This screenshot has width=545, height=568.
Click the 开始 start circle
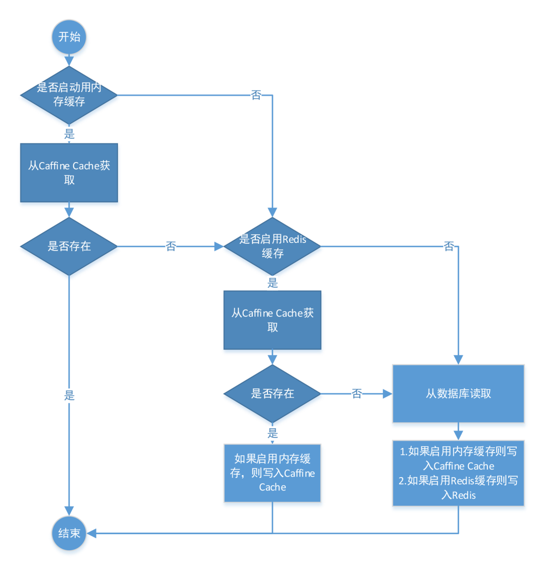pyautogui.click(x=69, y=37)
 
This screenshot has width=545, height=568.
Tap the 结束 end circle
pyautogui.click(x=69, y=533)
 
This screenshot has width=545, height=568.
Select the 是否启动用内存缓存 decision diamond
pyautogui.click(x=69, y=94)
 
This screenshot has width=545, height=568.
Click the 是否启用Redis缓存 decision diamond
pyautogui.click(x=272, y=246)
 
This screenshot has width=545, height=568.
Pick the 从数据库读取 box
pyautogui.click(x=458, y=394)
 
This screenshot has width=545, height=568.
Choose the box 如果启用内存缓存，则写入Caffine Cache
pyautogui.click(x=272, y=473)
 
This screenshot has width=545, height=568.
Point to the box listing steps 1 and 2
pyautogui.click(x=458, y=474)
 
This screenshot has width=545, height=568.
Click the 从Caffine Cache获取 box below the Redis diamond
pyautogui.click(x=272, y=320)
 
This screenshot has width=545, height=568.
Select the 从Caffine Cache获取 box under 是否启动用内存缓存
pyautogui.click(x=69, y=173)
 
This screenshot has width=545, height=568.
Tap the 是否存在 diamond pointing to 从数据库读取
pyautogui.click(x=272, y=394)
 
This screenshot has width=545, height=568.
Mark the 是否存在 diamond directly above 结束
pyautogui.click(x=69, y=246)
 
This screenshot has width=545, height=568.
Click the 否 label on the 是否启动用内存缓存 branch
pyautogui.click(x=256, y=95)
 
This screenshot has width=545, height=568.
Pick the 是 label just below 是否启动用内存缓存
pyautogui.click(x=69, y=134)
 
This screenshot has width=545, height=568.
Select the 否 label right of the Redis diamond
pyautogui.click(x=449, y=246)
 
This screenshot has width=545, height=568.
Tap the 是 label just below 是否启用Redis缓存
pyautogui.click(x=272, y=283)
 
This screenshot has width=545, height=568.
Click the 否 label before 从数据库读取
pyautogui.click(x=357, y=394)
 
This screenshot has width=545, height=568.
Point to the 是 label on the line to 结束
pyautogui.click(x=69, y=395)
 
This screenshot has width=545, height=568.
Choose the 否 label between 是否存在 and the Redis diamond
pyautogui.click(x=171, y=246)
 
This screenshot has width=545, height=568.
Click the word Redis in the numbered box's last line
pyautogui.click(x=464, y=495)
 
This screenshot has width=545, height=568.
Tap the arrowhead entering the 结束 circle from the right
pyautogui.click(x=93, y=533)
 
